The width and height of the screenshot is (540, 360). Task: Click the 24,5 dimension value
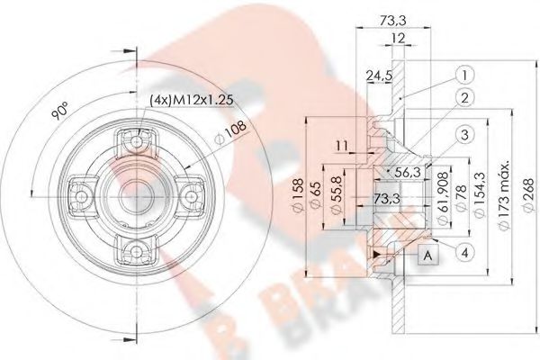[x=373, y=77]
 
